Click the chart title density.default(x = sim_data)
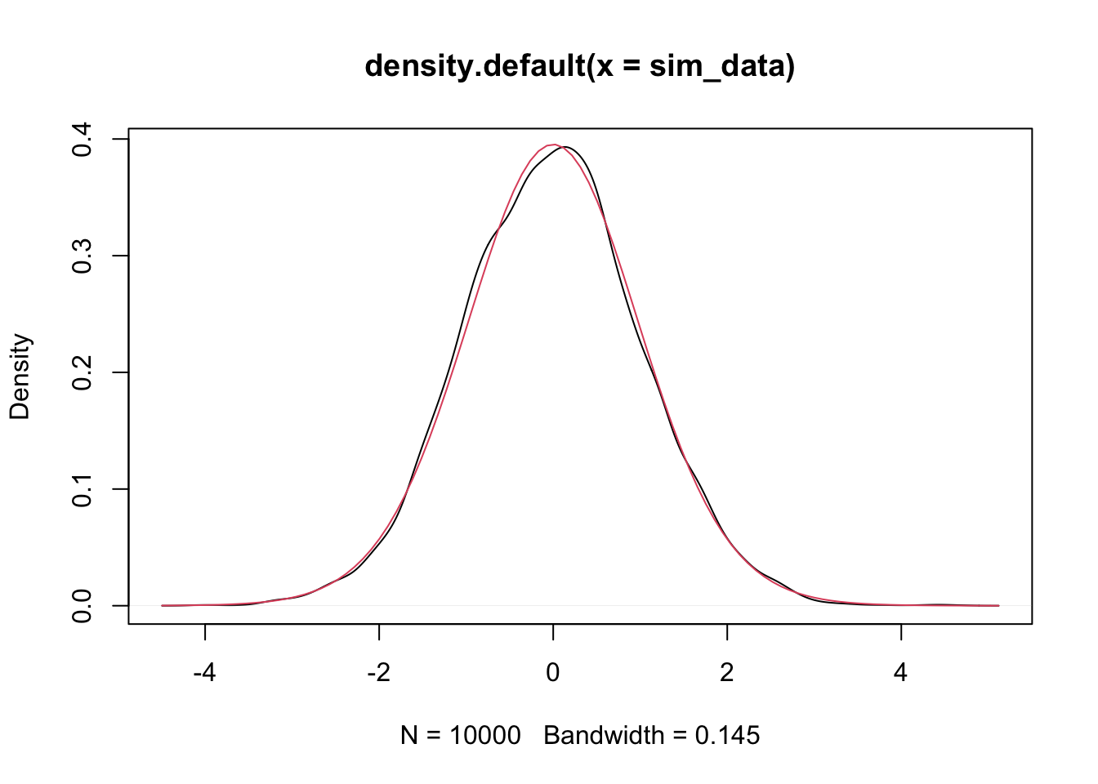pos(579,65)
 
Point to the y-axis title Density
pos(20,376)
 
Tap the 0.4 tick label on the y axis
pos(82,140)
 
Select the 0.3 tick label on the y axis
pos(82,256)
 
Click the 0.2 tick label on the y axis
pos(82,372)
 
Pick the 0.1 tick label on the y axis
pos(82,489)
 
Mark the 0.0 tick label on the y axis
pos(82,605)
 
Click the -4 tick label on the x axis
pos(204,673)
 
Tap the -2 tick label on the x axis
pos(378,673)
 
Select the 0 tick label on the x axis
pos(553,673)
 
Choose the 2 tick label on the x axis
pos(727,673)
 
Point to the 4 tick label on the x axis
pos(901,673)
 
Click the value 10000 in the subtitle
pos(484,736)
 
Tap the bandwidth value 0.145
pos(727,736)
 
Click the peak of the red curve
pos(554,145)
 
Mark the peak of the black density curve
pos(566,147)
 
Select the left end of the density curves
pos(163,605)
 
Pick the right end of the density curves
pos(998,605)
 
